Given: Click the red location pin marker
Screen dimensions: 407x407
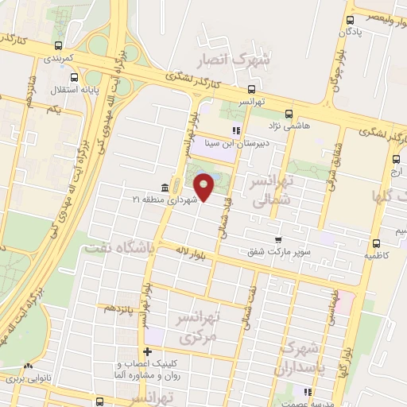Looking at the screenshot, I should pyautogui.click(x=205, y=187).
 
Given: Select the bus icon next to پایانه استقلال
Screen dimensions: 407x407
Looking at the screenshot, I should pyautogui.click(x=74, y=78).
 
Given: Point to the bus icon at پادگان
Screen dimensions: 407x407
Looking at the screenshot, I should pyautogui.click(x=351, y=19).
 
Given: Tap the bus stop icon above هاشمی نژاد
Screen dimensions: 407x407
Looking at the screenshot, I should pyautogui.click(x=289, y=114).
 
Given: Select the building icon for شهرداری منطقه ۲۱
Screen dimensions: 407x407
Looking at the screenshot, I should pyautogui.click(x=164, y=188).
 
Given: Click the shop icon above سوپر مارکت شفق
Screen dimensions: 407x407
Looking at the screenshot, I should pyautogui.click(x=277, y=239).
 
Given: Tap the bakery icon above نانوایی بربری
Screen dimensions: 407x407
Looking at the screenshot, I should pyautogui.click(x=28, y=367).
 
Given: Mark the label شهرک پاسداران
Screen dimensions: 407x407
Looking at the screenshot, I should pyautogui.click(x=299, y=359).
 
